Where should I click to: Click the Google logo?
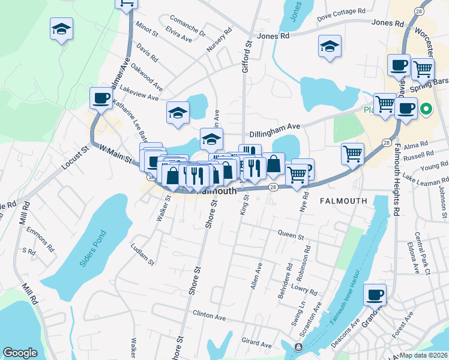pyautogui.click(x=20, y=353)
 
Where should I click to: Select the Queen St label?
pyautogui.click(x=292, y=234)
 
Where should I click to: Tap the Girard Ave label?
pyautogui.click(x=257, y=344)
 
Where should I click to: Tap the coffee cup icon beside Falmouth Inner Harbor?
pyautogui.click(x=375, y=294)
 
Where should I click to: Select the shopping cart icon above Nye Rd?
pyautogui.click(x=297, y=174)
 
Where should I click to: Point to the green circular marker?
pyautogui.click(x=426, y=109)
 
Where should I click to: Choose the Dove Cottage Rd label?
pyautogui.click(x=341, y=11)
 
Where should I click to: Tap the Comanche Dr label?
pyautogui.click(x=187, y=26)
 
